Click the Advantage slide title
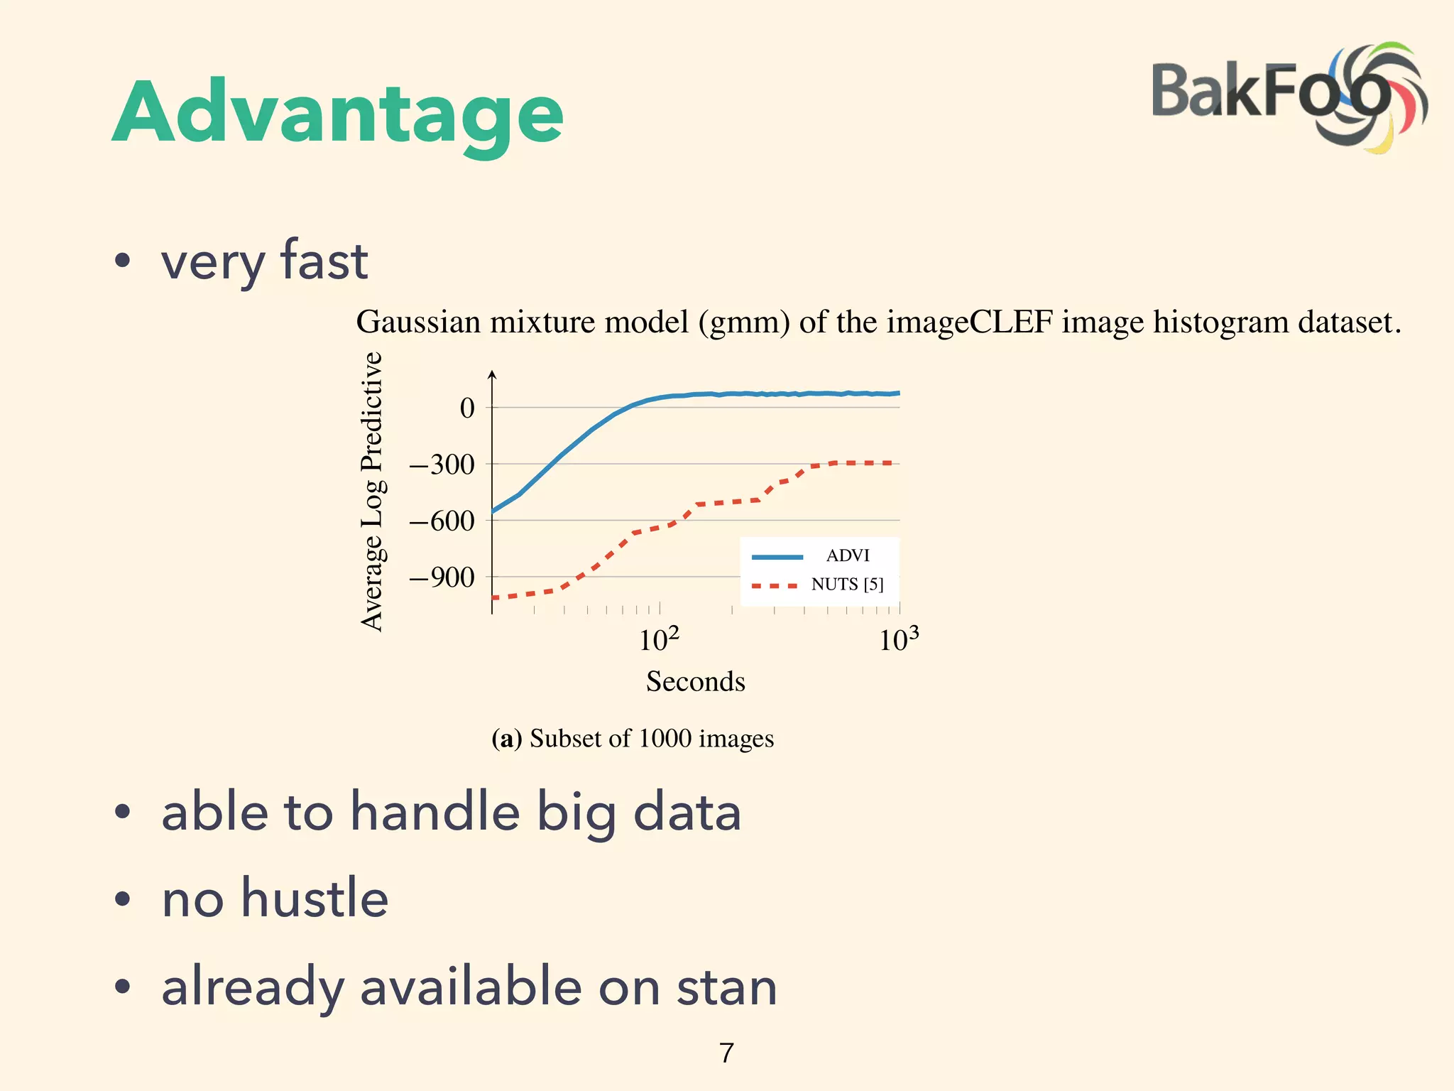point(338,114)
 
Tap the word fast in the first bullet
point(324,260)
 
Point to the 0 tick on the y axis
point(467,408)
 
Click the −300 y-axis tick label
point(442,465)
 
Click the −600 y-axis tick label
point(442,521)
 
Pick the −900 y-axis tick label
point(442,577)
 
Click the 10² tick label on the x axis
point(658,639)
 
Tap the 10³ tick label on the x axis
point(898,639)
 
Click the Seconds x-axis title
point(695,681)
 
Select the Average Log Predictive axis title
point(372,491)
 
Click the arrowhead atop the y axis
point(492,374)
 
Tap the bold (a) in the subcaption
point(506,739)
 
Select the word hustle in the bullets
point(315,898)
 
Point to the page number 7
point(726,1053)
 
